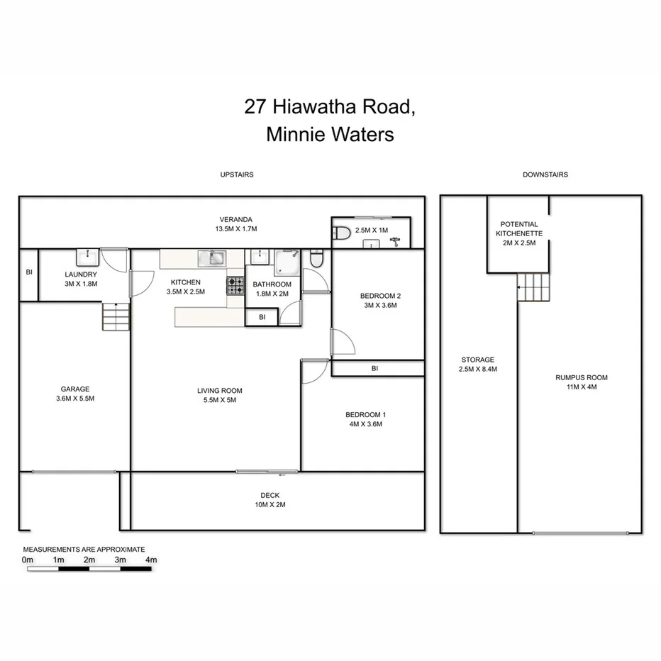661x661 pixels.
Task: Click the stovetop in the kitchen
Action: (235, 286)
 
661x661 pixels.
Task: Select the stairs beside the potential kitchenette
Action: (533, 287)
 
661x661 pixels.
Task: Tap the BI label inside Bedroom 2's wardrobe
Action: (374, 369)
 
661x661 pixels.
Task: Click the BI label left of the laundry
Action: (28, 272)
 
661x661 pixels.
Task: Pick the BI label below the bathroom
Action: (262, 317)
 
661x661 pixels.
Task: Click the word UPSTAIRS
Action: (237, 174)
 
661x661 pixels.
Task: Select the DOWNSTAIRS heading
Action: (545, 174)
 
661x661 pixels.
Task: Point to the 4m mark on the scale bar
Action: (150, 560)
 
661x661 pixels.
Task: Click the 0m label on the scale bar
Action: (28, 560)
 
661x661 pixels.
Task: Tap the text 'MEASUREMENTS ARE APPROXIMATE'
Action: (84, 550)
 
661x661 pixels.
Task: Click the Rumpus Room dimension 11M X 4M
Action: (581, 387)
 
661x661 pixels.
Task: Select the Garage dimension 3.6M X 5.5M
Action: (74, 399)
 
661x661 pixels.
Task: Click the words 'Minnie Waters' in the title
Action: (330, 134)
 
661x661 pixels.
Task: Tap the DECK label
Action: (270, 496)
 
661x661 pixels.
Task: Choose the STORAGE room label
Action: (478, 360)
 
